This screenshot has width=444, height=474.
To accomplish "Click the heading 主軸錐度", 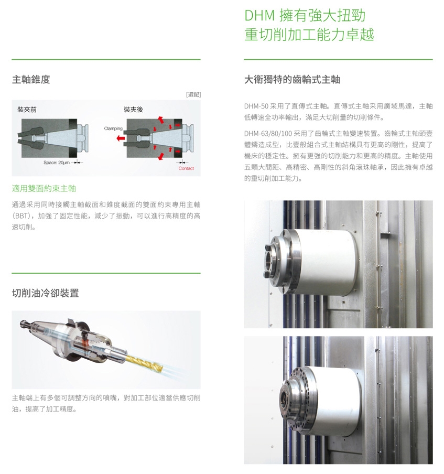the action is click(31, 80).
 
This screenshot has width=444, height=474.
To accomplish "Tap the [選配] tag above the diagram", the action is click(193, 94).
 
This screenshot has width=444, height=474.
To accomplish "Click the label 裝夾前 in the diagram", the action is click(27, 110).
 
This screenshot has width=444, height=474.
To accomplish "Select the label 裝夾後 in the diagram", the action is click(133, 110).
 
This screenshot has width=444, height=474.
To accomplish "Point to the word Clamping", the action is click(113, 128).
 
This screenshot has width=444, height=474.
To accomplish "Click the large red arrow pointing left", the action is click(121, 138).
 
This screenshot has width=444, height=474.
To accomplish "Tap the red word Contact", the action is click(186, 168).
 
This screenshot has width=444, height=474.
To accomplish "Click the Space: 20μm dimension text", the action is click(57, 163).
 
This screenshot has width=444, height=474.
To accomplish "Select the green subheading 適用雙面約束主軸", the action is click(44, 189).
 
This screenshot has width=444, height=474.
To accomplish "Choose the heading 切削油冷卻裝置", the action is click(45, 293).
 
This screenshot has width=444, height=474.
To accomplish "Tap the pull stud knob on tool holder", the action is click(23, 324).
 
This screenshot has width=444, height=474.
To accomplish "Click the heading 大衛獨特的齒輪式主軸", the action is click(292, 80).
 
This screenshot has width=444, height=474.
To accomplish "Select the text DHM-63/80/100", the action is click(268, 133).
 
